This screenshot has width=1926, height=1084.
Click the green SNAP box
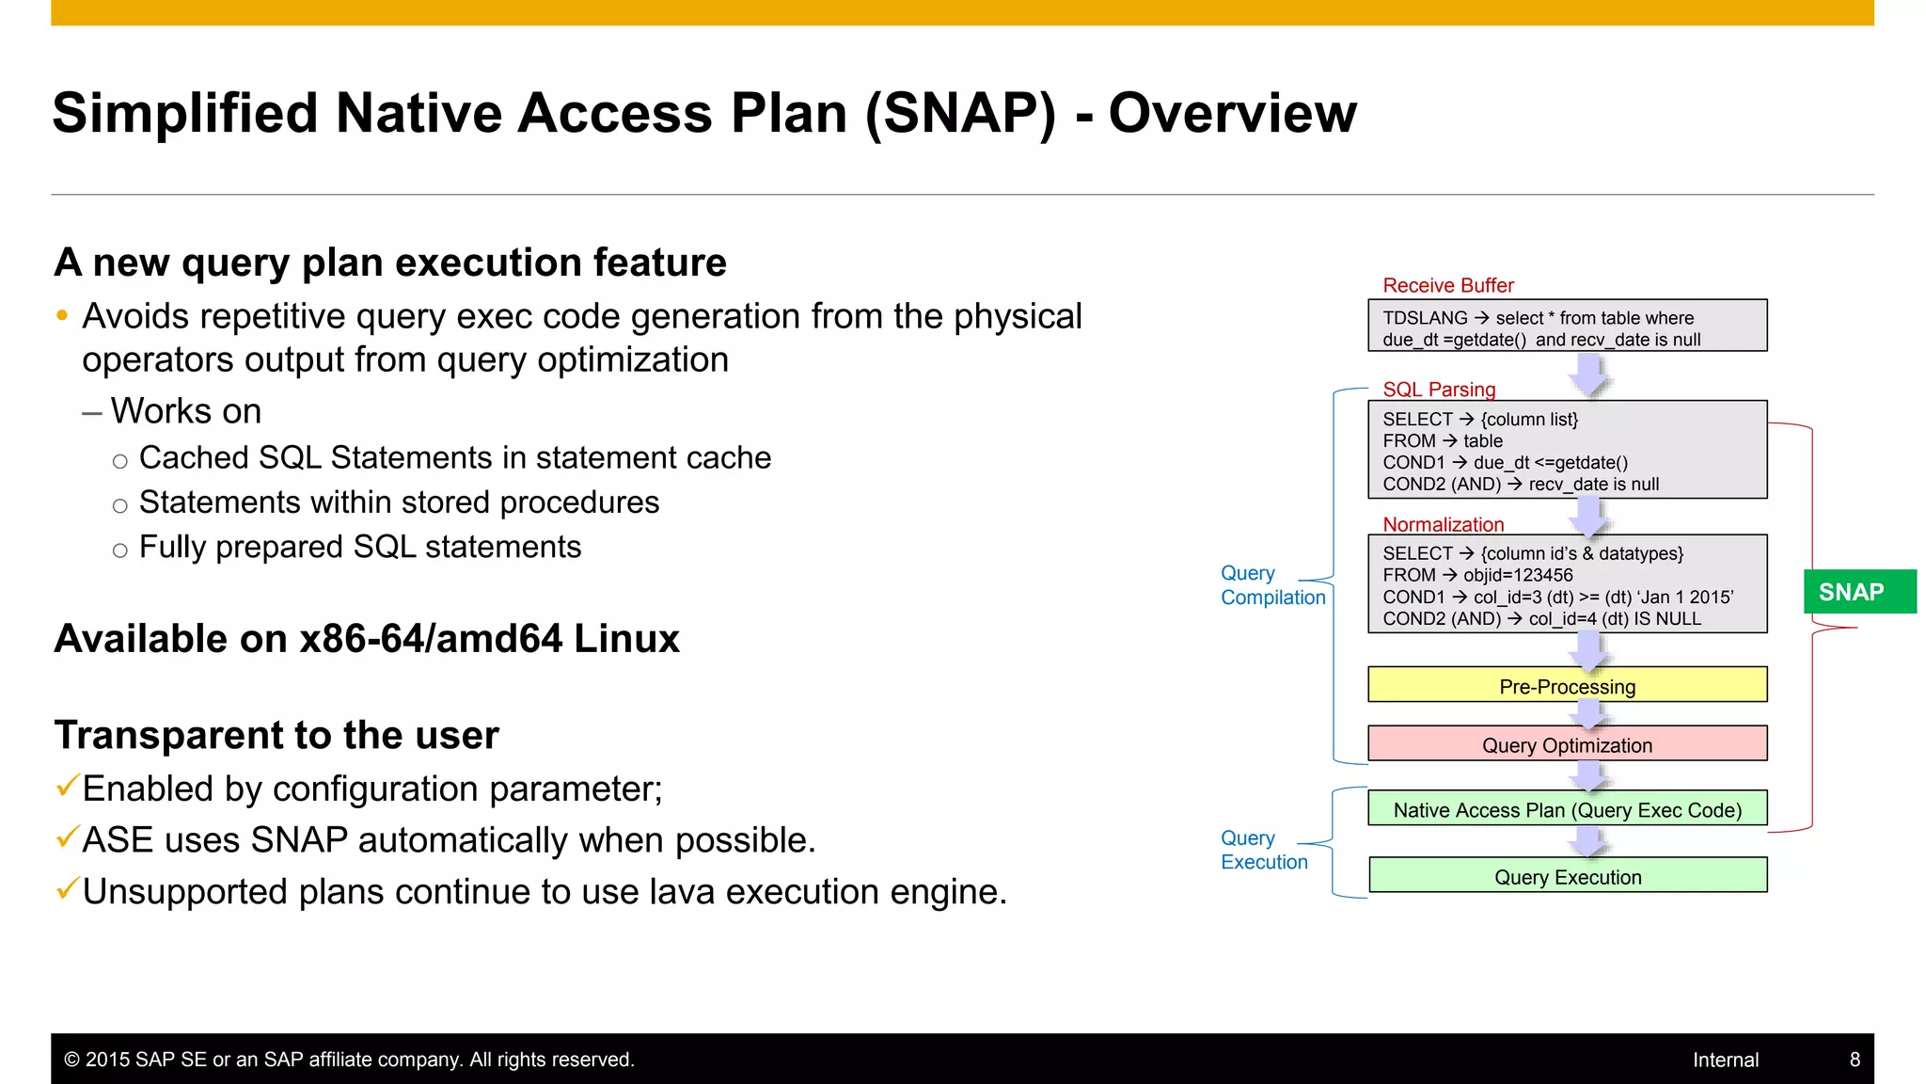pos(1858,592)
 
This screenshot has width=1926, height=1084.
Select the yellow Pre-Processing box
pos(1567,686)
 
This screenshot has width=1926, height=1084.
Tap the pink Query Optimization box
pos(1567,744)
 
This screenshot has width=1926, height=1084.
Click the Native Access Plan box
pos(1567,809)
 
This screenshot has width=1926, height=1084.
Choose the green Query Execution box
pos(1567,876)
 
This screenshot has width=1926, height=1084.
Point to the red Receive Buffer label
pos(1447,285)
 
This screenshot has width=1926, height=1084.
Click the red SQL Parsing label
pos(1438,389)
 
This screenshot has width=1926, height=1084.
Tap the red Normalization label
pos(1443,524)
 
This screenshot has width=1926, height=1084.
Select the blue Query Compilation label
pos(1271,585)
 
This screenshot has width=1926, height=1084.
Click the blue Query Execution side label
pos(1263,850)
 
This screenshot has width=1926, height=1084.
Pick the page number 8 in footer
pos(1855,1060)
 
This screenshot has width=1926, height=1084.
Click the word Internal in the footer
pos(1725,1060)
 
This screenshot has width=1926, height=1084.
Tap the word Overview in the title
pos(1232,113)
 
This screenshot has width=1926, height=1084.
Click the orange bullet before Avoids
pos(62,316)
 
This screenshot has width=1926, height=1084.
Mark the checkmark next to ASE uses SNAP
pos(66,836)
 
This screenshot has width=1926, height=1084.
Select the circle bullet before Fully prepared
pos(119,550)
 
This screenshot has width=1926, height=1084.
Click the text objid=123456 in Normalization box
pos(1517,575)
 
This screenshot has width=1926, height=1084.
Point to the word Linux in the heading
pos(626,639)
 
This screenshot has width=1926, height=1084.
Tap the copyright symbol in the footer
pos(71,1060)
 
